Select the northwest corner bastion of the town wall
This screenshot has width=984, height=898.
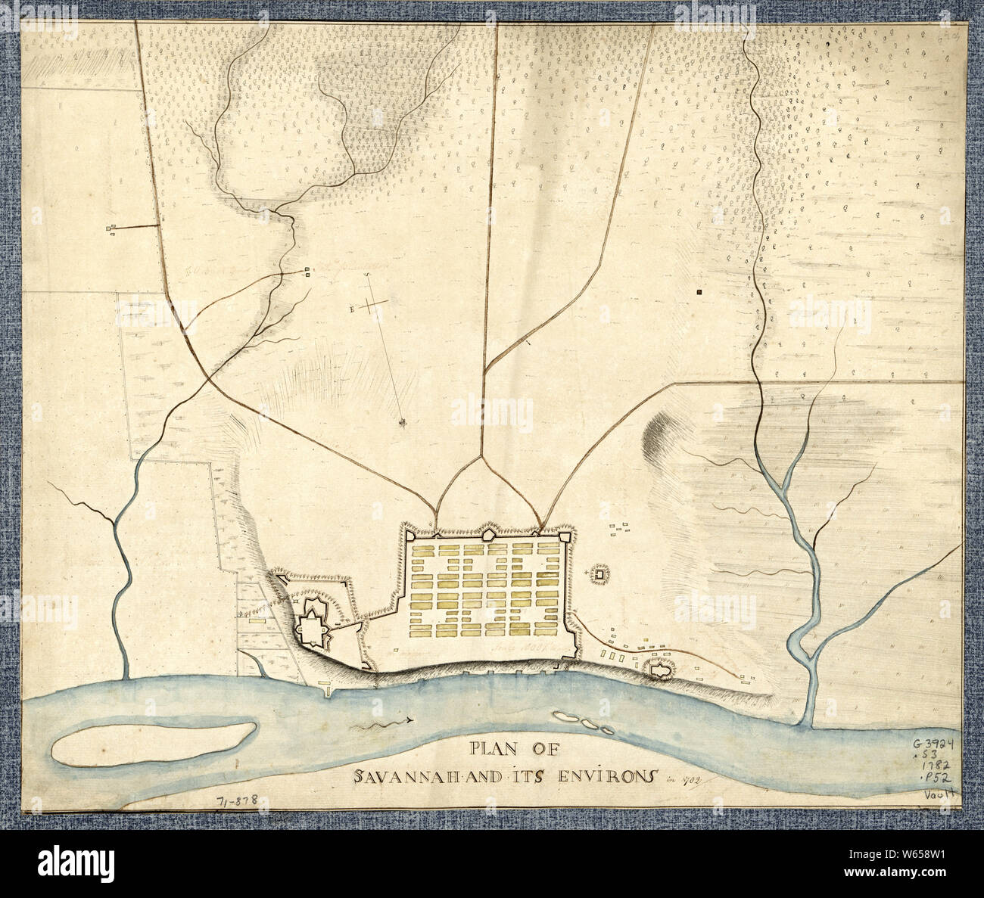409,535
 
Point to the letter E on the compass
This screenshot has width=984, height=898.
352,309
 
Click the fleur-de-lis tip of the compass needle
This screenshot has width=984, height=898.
406,421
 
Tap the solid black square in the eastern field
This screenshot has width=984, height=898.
700,291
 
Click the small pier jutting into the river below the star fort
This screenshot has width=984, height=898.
327,688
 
